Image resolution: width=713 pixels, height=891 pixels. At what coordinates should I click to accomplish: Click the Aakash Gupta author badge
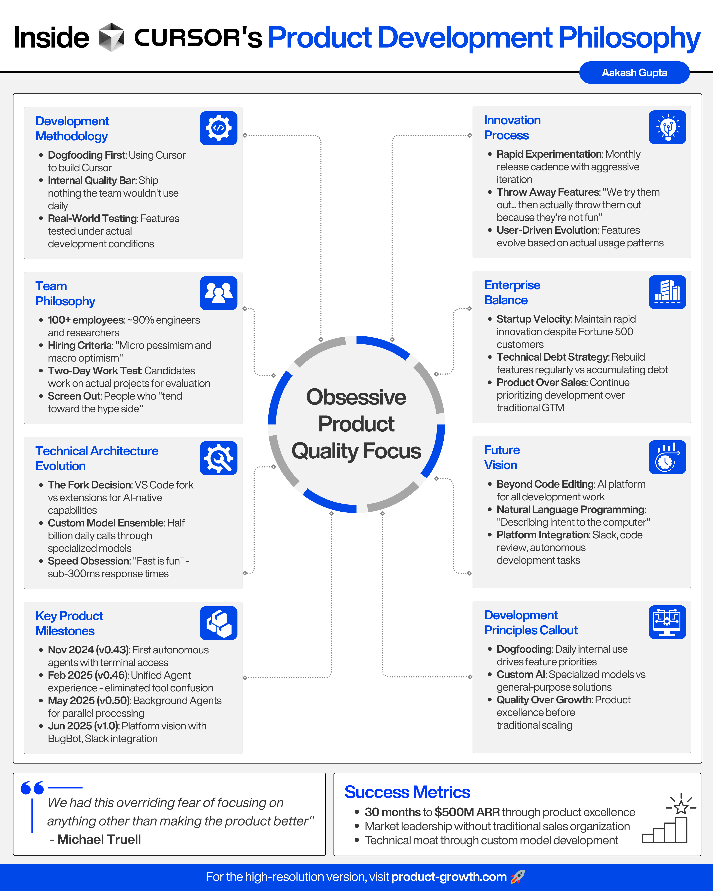point(634,73)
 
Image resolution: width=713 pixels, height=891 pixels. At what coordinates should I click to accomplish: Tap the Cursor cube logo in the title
point(111,37)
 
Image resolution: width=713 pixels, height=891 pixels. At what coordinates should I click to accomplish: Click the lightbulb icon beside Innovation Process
point(667,127)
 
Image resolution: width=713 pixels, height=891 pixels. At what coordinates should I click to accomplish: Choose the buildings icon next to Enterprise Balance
point(667,292)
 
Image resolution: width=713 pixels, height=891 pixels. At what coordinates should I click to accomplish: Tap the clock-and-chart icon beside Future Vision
point(667,457)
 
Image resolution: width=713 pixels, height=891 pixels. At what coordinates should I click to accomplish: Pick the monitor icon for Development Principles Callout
point(667,622)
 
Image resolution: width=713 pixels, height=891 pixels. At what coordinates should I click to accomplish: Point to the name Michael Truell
point(99,839)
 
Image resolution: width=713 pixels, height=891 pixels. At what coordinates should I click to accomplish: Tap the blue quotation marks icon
point(32,788)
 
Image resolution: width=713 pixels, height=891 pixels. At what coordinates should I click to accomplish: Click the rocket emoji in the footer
point(517,876)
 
